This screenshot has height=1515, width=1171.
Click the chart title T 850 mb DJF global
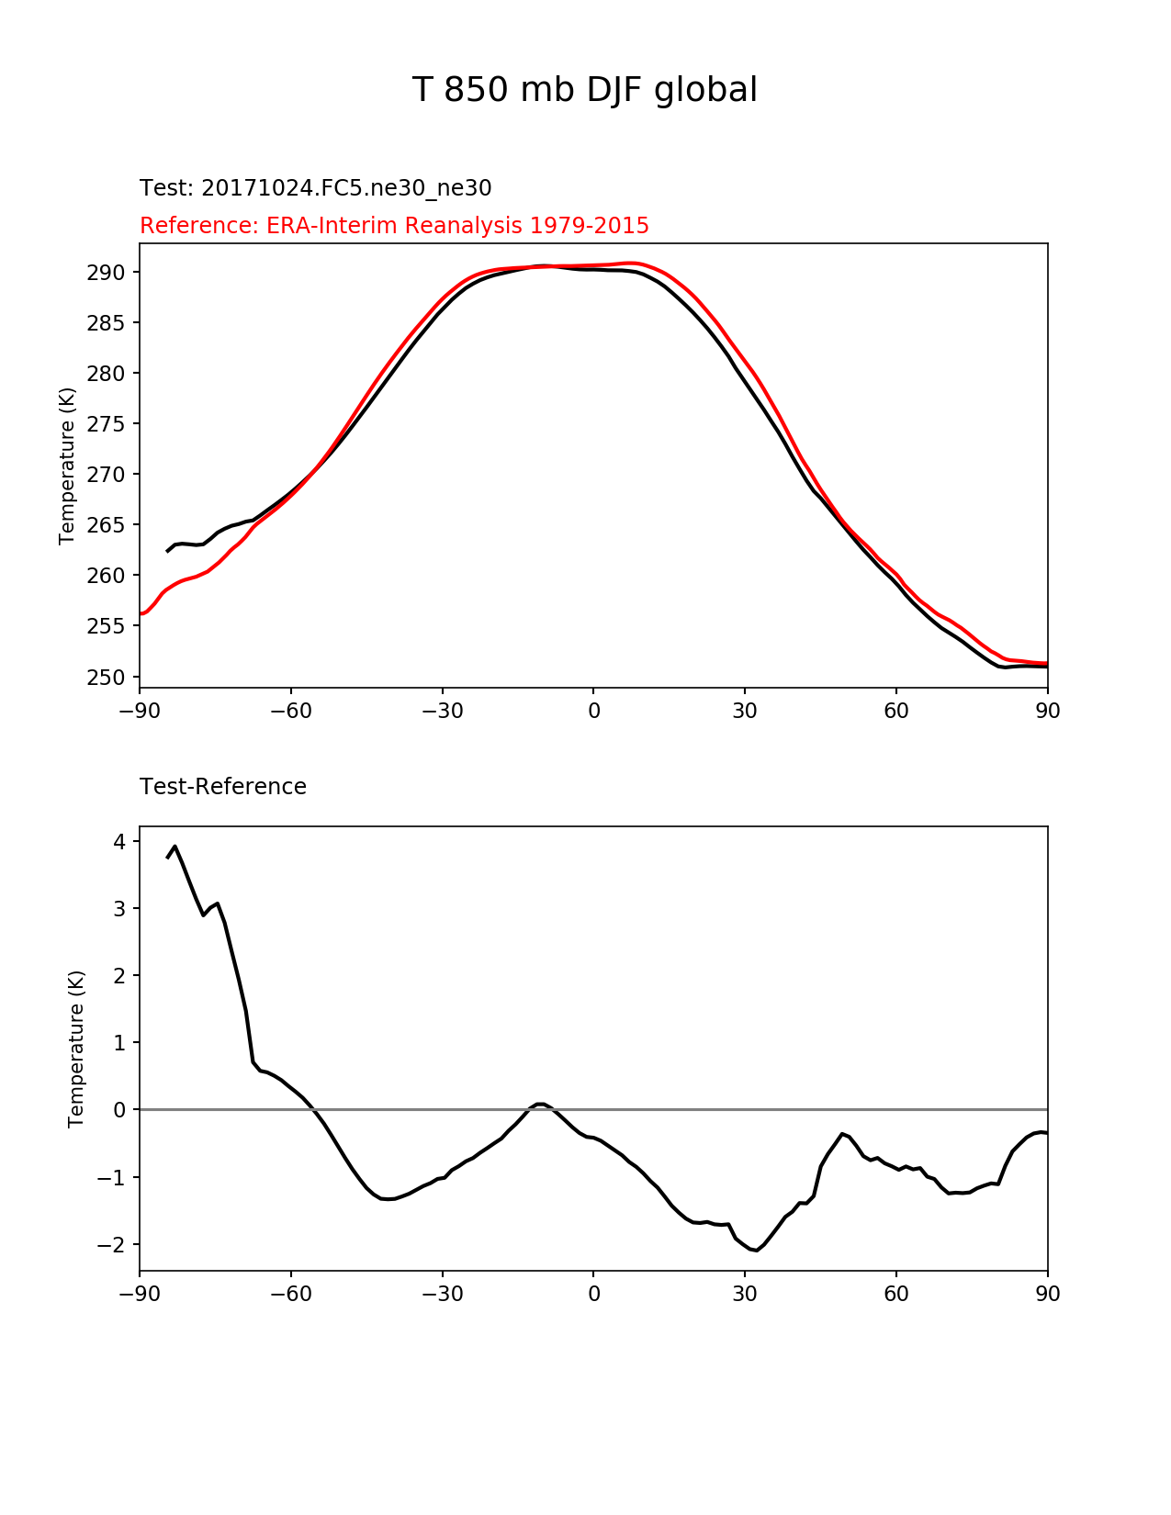584,90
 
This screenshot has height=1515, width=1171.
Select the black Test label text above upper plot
315,188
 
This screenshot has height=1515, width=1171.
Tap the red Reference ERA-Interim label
394,226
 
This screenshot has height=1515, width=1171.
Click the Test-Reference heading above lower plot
223,787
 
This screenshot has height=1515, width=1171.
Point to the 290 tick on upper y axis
106,273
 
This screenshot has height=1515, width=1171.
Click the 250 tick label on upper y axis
106,677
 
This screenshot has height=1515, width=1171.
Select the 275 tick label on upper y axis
106,424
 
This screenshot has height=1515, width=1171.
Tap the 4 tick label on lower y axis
119,841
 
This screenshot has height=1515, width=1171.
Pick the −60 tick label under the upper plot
291,712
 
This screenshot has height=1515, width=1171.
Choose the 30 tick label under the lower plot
745,1294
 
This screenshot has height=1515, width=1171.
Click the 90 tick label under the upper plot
1048,712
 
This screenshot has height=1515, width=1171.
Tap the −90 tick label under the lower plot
140,1294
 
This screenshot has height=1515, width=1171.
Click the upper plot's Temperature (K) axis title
66,466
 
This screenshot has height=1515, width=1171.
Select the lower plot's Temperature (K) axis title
75,1049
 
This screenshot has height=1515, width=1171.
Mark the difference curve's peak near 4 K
175,847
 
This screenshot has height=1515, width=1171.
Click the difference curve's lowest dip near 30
757,1270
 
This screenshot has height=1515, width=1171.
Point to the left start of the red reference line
141,614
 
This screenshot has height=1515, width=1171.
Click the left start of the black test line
166,552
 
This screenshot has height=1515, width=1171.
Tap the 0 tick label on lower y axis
119,1110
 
